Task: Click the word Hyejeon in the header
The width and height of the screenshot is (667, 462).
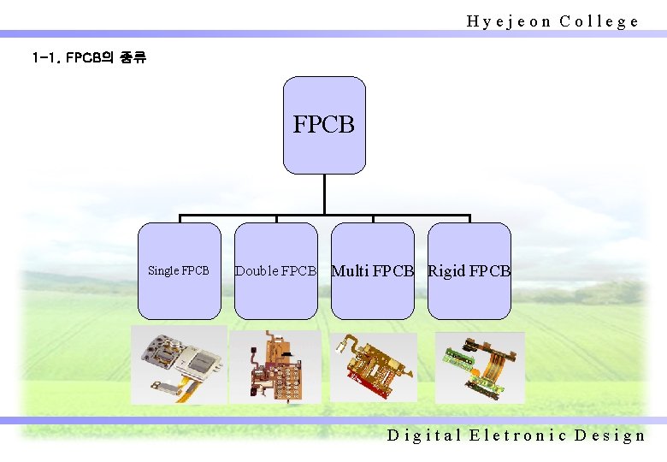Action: click(x=509, y=21)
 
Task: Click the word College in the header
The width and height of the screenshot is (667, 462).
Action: click(x=599, y=21)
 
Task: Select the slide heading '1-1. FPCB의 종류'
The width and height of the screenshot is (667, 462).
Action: click(x=89, y=59)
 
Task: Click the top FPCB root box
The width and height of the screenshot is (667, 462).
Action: click(x=324, y=125)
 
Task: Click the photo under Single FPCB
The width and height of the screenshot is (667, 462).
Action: click(x=179, y=364)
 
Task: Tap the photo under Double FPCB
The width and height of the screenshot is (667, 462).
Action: click(x=275, y=365)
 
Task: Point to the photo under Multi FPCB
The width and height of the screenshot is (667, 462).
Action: click(x=374, y=366)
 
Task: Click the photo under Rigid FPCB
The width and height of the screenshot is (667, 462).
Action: click(x=480, y=367)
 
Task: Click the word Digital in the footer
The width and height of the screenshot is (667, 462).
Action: click(x=423, y=435)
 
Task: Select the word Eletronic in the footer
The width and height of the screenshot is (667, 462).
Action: click(x=517, y=435)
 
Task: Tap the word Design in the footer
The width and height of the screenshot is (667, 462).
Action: click(x=610, y=435)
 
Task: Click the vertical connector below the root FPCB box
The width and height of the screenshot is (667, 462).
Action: click(x=324, y=194)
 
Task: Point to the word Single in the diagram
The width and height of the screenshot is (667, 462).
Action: click(x=163, y=271)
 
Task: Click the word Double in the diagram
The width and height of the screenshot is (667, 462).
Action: click(x=257, y=271)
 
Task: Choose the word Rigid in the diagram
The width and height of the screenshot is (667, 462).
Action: click(x=447, y=271)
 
